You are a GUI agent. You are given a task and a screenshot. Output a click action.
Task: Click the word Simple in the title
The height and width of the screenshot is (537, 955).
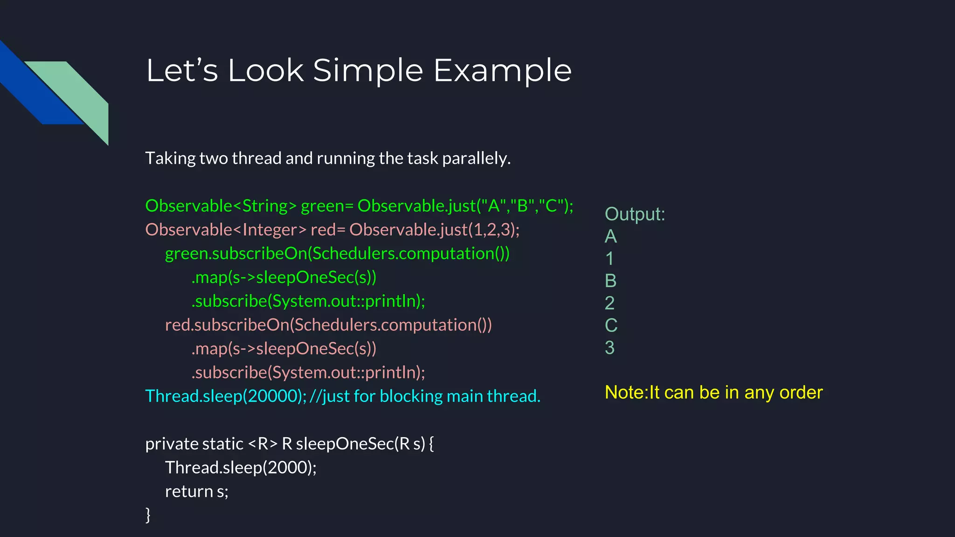[x=368, y=71]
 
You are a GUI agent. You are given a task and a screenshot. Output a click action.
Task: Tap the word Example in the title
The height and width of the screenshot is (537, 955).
[x=502, y=71]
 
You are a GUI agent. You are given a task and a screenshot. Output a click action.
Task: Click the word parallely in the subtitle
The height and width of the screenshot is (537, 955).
[x=476, y=158]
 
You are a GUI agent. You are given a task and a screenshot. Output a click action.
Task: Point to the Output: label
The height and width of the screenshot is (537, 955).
[x=635, y=214]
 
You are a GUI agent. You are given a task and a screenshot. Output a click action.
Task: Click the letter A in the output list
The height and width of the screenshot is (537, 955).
[x=610, y=236]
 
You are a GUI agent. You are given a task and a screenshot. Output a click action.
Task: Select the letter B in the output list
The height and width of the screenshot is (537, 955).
[x=610, y=281]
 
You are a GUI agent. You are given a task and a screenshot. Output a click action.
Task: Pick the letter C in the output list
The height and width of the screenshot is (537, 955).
[x=611, y=325]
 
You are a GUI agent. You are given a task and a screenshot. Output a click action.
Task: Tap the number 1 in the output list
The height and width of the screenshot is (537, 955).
[x=609, y=259]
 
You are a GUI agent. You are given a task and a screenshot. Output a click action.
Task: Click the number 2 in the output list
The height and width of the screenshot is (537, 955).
[x=609, y=303]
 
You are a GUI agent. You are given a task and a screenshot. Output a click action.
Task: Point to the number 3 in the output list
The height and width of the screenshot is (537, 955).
[x=609, y=348]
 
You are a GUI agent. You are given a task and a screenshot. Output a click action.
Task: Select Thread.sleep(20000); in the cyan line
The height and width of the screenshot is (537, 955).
[x=226, y=396]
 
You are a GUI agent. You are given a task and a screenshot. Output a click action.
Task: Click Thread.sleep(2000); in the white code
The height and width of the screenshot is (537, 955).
[x=241, y=468]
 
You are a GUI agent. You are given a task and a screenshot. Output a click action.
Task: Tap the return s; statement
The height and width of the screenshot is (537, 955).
[x=196, y=491]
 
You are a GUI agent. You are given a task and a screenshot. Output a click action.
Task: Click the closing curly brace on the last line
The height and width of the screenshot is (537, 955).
[x=148, y=515]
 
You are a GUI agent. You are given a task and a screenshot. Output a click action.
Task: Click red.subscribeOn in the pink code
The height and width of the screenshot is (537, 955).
[x=227, y=325]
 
